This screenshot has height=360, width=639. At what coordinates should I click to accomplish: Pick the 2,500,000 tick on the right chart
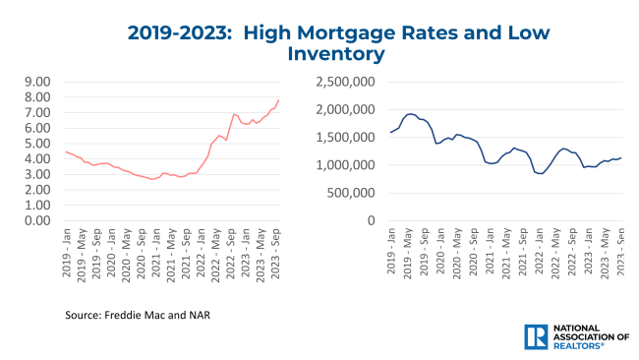pos(345,82)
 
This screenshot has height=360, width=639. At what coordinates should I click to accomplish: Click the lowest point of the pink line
pos(152,179)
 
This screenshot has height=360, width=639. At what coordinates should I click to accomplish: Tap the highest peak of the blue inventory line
pos(411,114)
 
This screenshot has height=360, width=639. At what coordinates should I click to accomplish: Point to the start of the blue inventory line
pos(390,133)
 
